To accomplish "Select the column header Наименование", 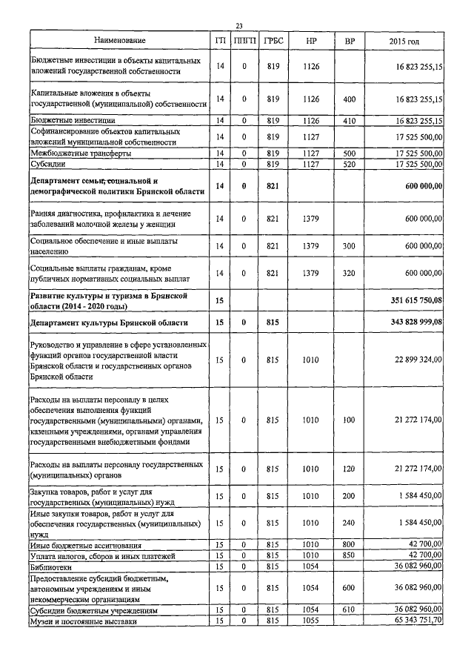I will (119, 39).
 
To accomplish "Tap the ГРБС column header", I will (272, 39).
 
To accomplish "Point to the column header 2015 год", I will (404, 39).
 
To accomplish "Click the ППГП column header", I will (243, 39).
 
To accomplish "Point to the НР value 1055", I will (310, 620).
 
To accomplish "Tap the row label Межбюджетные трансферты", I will (81, 153).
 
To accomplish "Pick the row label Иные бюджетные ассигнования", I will (84, 545).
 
